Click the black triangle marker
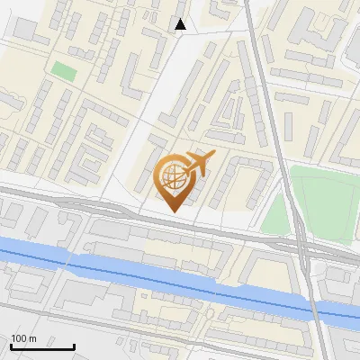pyautogui.click(x=181, y=24)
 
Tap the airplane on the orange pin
pyautogui.click(x=199, y=164)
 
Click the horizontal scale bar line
pyautogui.click(x=42, y=347)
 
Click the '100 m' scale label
pyautogui.click(x=24, y=338)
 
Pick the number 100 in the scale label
pyautogui.click(x=20, y=338)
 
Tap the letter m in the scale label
pyautogui.click(x=33, y=338)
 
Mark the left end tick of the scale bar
pyautogui.click(x=11, y=346)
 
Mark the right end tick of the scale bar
pyautogui.click(x=74, y=346)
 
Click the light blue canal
pyautogui.click(x=135, y=274)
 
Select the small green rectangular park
pyautogui.click(x=63, y=70)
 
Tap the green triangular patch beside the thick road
pyautogui.click(x=275, y=216)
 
